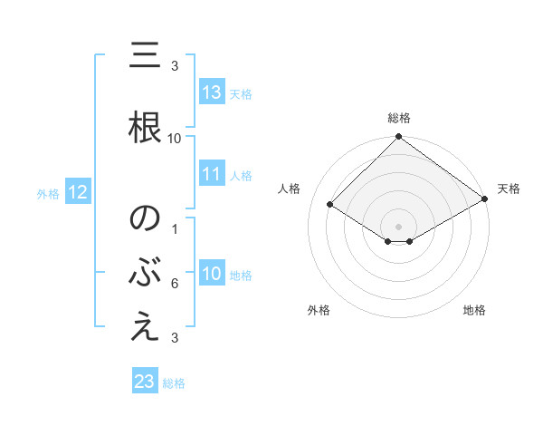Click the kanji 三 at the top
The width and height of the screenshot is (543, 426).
pos(144,57)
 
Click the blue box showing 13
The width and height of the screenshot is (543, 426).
pos(212,92)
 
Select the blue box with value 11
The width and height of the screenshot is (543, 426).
pos(212,175)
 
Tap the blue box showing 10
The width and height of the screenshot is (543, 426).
pos(212,275)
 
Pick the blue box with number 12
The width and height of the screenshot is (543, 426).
pos(77,192)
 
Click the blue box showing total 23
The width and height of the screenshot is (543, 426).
pos(145,382)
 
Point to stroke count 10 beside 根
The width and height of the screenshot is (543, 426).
pos(175,138)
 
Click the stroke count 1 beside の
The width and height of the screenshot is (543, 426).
pos(175,228)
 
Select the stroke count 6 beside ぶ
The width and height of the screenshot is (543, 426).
pos(175,284)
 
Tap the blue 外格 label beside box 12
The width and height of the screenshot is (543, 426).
pos(47,193)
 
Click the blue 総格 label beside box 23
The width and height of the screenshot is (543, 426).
pos(174,383)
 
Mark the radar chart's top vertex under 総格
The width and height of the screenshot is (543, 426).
pos(398,138)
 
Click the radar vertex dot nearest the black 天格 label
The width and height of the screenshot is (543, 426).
pos(485,200)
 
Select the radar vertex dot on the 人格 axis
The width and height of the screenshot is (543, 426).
pos(330,205)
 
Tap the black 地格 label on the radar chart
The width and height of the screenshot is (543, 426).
pos(474,310)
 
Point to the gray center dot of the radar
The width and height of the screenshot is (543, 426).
pos(398,226)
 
